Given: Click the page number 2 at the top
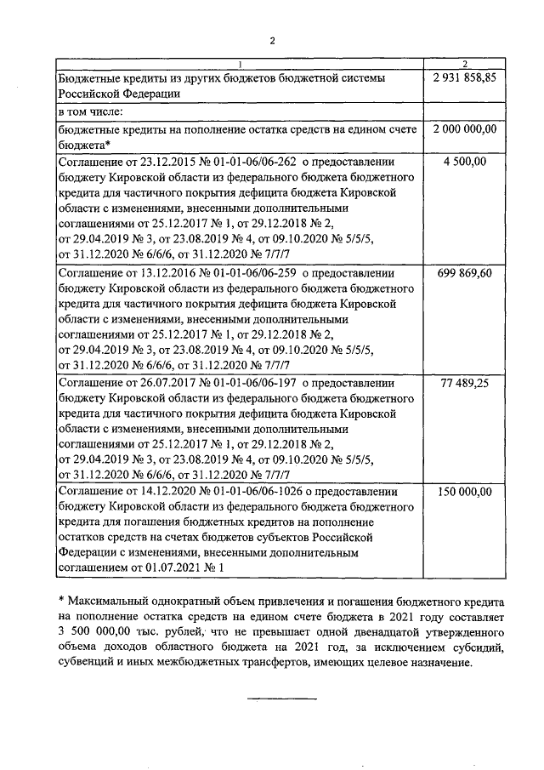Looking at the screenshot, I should pyautogui.click(x=272, y=40).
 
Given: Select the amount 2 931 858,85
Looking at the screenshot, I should pyautogui.click(x=464, y=77).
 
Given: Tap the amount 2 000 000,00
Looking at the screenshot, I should pyautogui.click(x=464, y=128).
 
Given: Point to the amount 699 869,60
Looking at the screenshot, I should pyautogui.click(x=464, y=272).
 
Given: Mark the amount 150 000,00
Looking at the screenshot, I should pyautogui.click(x=464, y=492).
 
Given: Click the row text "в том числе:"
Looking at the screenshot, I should pyautogui.click(x=91, y=111).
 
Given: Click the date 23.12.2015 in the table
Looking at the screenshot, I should pyautogui.click(x=165, y=161).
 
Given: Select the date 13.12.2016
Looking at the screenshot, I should pyautogui.click(x=165, y=272).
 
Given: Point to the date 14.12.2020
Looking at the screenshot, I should pyautogui.click(x=165, y=492).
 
